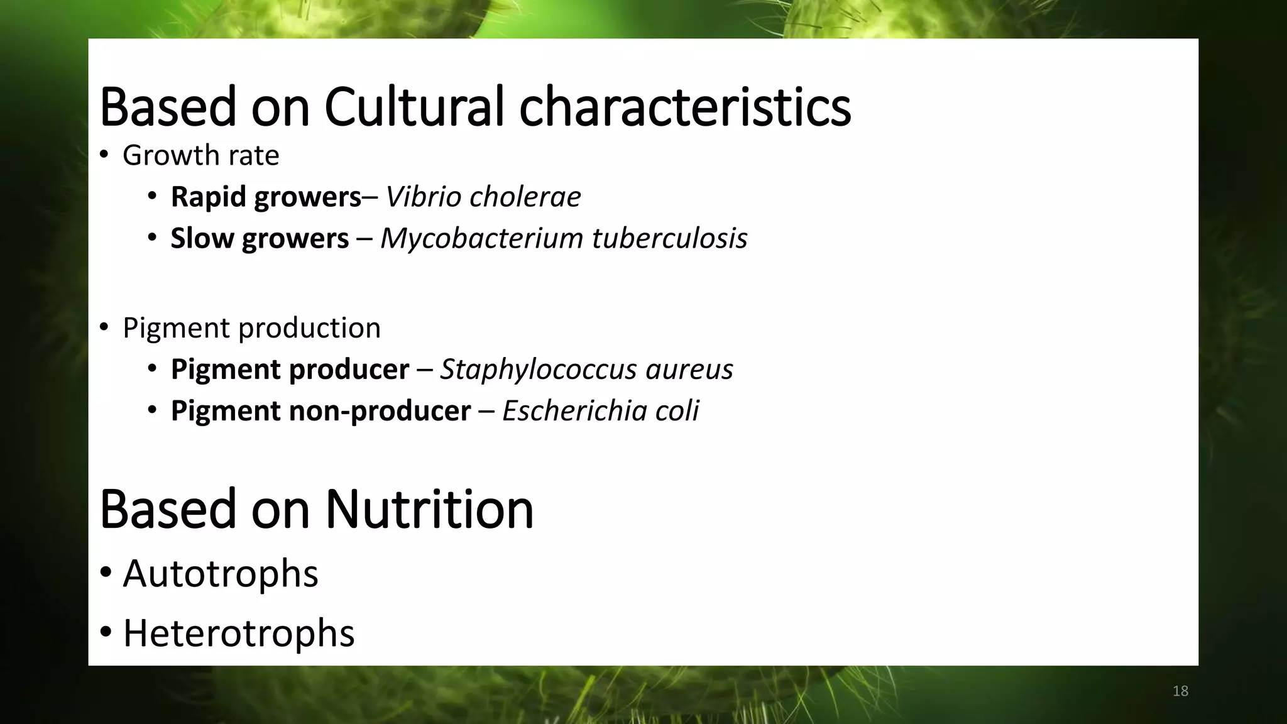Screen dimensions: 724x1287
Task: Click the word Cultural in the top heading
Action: coord(414,107)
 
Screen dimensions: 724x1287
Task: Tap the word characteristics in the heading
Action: coord(684,107)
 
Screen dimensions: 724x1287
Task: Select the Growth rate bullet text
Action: coord(200,155)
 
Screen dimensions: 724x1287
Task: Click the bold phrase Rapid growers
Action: coord(266,197)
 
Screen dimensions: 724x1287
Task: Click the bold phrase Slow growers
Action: coord(260,238)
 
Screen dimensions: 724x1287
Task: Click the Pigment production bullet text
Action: coord(251,327)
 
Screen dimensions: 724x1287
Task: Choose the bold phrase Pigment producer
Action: coord(290,369)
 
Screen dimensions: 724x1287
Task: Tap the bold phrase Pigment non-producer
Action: coord(320,410)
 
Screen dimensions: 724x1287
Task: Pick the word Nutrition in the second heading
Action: coord(429,508)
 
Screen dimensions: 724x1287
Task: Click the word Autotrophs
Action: coord(221,573)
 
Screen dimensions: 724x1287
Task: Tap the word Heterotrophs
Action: coord(239,632)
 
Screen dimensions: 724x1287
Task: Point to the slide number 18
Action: coord(1180,691)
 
